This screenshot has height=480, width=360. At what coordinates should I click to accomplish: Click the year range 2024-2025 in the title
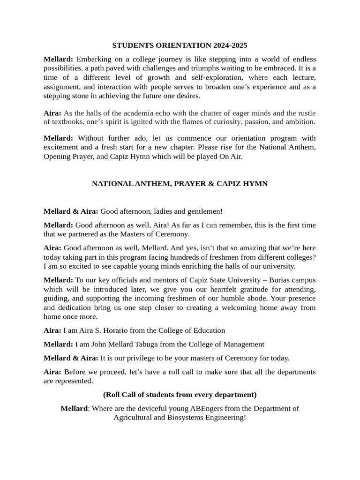click(x=230, y=45)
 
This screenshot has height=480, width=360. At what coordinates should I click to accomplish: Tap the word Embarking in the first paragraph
click(x=92, y=59)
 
